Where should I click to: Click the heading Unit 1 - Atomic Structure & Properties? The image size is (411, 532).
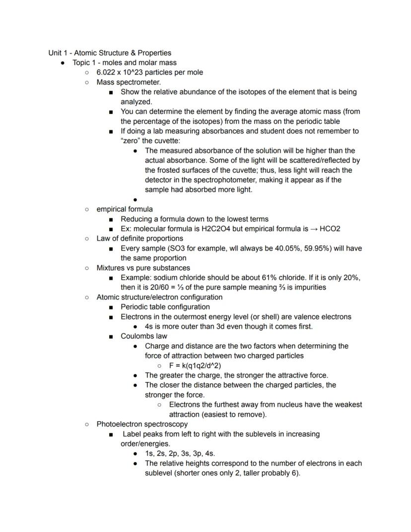coord(110,53)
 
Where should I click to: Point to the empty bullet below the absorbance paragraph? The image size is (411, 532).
coord(135,200)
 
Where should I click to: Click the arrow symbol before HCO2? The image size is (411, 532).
coord(313,229)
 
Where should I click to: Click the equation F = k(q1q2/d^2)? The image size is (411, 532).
coord(195,366)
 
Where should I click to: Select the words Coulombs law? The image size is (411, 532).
coord(144,336)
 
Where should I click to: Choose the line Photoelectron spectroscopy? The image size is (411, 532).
coord(142,424)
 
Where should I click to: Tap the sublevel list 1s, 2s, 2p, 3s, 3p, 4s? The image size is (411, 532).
coord(180,454)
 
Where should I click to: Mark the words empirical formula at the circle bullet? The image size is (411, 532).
coord(125,209)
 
